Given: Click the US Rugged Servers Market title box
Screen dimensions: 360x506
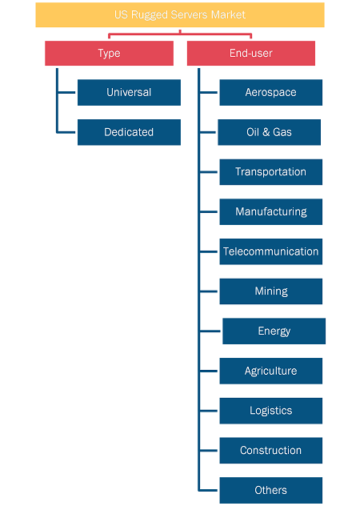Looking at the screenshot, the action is (x=180, y=15).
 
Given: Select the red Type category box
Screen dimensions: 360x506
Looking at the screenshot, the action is (x=109, y=54).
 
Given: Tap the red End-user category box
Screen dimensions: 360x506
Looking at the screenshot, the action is (x=251, y=54).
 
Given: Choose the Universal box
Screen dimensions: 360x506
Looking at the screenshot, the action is (x=129, y=92).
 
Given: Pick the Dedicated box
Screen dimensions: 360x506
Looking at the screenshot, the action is (x=129, y=132).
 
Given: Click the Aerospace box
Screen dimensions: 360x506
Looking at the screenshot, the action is (x=271, y=92).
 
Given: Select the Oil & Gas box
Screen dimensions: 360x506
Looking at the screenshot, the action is (x=270, y=132).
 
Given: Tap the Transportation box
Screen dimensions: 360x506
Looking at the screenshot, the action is (x=271, y=172).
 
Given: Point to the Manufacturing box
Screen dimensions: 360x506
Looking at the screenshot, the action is (x=271, y=211).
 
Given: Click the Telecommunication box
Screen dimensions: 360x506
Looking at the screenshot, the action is (x=271, y=251).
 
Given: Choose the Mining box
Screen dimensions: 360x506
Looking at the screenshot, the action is (x=271, y=291).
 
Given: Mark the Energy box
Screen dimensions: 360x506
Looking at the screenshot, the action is (x=274, y=331).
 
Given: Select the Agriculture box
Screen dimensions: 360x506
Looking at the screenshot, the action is (x=271, y=371).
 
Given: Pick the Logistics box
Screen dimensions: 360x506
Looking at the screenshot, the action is (x=271, y=411).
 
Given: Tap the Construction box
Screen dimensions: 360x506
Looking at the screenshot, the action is (x=271, y=451).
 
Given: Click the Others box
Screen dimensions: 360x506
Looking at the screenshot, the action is (x=271, y=490).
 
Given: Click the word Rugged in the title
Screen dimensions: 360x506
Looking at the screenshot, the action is (x=150, y=15).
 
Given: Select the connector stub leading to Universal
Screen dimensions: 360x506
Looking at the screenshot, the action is (x=66, y=92).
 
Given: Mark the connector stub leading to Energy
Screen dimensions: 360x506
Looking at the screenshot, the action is (x=210, y=331).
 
